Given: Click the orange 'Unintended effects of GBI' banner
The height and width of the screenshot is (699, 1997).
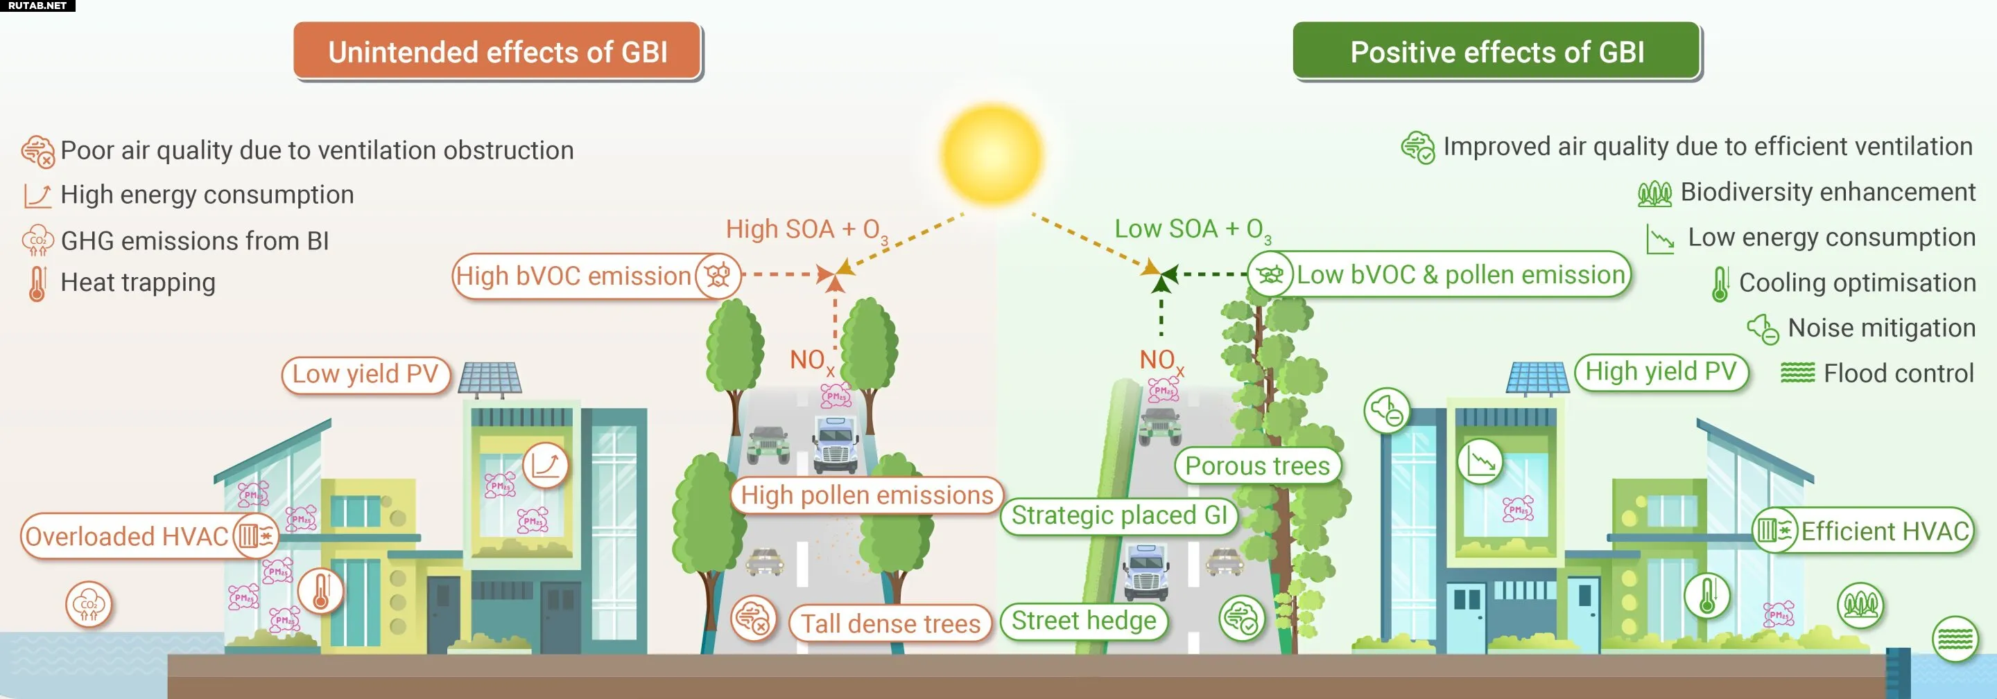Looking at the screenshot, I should click(x=497, y=51).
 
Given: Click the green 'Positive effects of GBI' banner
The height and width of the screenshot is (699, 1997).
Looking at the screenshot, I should click(x=1496, y=51).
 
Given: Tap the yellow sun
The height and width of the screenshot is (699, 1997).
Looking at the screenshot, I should click(x=992, y=153).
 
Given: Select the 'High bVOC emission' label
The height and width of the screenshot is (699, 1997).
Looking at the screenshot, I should click(x=573, y=276).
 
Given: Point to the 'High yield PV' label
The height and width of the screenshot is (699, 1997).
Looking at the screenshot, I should click(x=1661, y=372).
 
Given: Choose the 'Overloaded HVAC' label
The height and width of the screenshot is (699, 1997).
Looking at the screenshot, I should click(x=127, y=536).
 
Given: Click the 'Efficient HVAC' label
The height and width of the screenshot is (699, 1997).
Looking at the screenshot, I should click(x=1884, y=531).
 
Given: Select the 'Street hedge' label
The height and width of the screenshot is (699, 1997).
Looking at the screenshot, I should click(x=1083, y=621).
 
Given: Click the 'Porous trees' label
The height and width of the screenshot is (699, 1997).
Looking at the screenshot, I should click(x=1256, y=466).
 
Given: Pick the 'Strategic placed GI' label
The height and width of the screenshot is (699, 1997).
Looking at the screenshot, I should click(x=1118, y=515).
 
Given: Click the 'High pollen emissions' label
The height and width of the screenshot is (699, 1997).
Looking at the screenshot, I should click(x=866, y=495).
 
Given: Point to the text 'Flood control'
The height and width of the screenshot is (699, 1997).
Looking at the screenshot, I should click(x=1898, y=373).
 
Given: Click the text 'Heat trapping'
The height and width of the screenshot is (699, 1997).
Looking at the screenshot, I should click(x=138, y=283).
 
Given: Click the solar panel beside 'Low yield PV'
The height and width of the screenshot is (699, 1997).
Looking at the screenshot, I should click(x=490, y=378).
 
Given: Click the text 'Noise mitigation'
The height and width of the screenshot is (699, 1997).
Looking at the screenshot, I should click(x=1881, y=328).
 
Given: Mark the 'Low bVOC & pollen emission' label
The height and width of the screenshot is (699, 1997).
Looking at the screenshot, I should click(x=1460, y=274).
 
